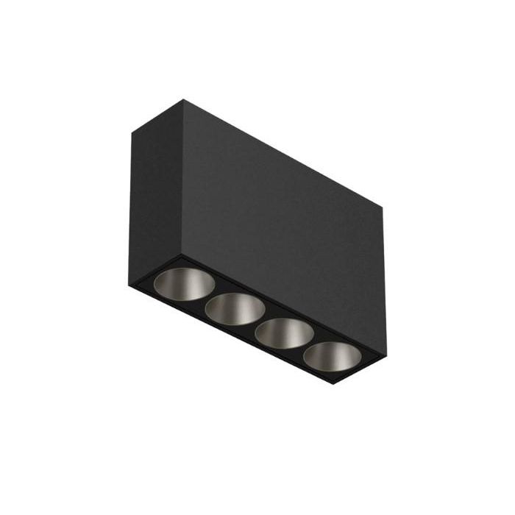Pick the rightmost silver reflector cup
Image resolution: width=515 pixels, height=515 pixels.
[x=333, y=356]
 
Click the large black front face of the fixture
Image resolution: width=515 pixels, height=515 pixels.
[x=283, y=221]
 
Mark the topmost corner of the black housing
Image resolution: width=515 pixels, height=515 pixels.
[x=184, y=99]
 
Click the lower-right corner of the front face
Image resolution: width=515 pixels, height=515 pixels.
[x=384, y=354]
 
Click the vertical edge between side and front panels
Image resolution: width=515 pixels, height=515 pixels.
[x=183, y=177]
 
